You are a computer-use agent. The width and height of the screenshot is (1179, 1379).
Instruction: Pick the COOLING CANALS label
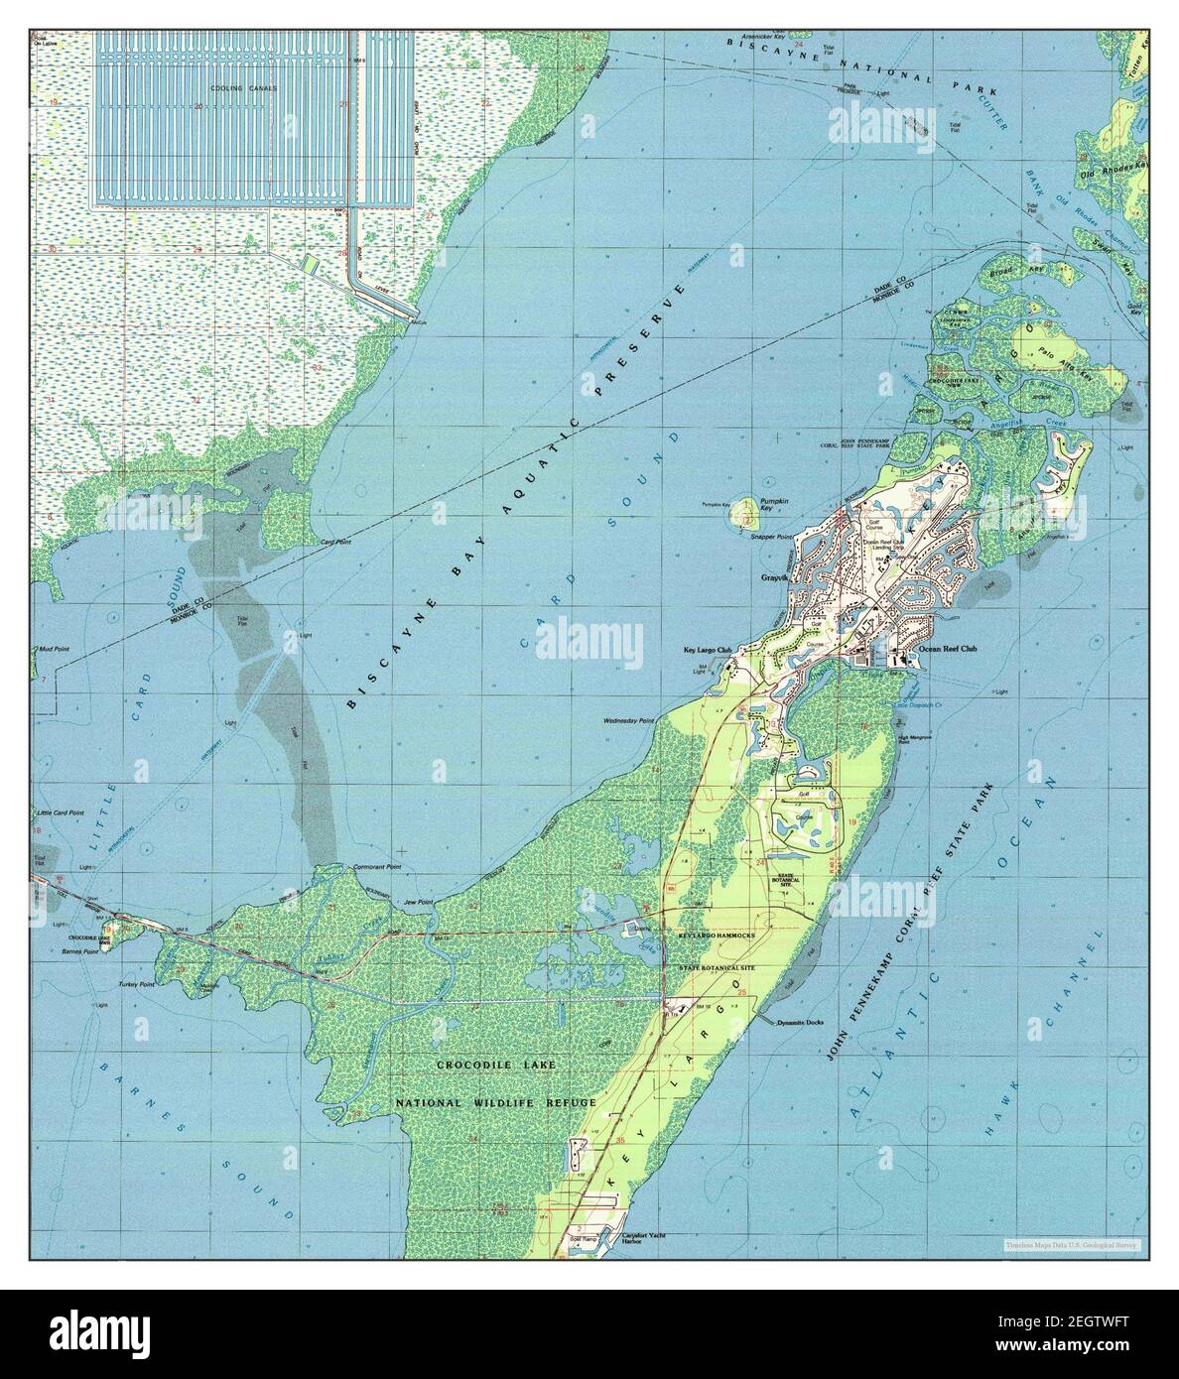click(249, 88)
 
